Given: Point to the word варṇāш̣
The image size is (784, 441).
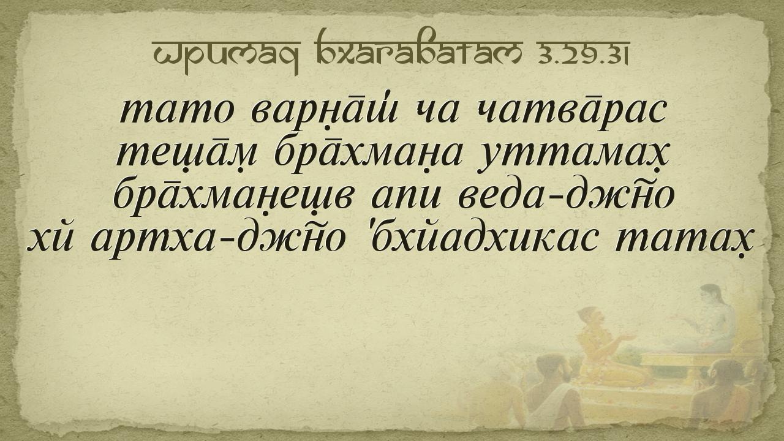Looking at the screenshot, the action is tap(325, 111).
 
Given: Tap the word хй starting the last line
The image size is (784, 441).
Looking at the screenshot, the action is tap(50, 239).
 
